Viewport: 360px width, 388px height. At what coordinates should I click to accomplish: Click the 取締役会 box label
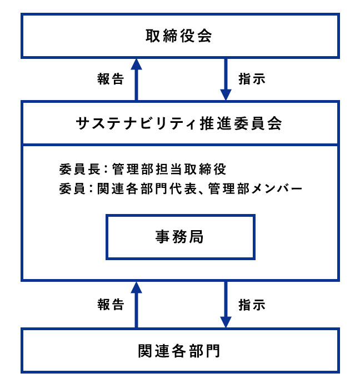tap(179, 36)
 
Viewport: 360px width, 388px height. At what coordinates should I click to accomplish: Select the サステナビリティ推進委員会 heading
tap(179, 123)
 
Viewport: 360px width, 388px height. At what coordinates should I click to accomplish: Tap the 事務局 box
tap(179, 237)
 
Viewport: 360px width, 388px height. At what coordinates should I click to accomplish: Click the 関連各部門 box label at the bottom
tap(179, 351)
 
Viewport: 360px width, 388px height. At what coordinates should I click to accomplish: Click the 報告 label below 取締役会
tap(110, 79)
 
